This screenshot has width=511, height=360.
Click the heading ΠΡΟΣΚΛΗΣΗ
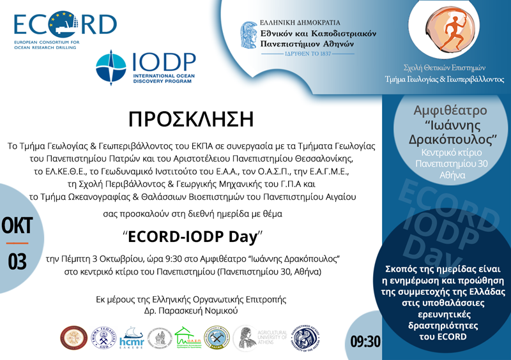coord(192,119)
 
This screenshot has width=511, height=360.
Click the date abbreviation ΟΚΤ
coord(17,227)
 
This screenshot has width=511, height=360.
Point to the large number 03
coord(17,262)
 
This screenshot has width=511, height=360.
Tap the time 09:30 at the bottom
coord(365,341)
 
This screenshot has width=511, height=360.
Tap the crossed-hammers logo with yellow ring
coord(217,338)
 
